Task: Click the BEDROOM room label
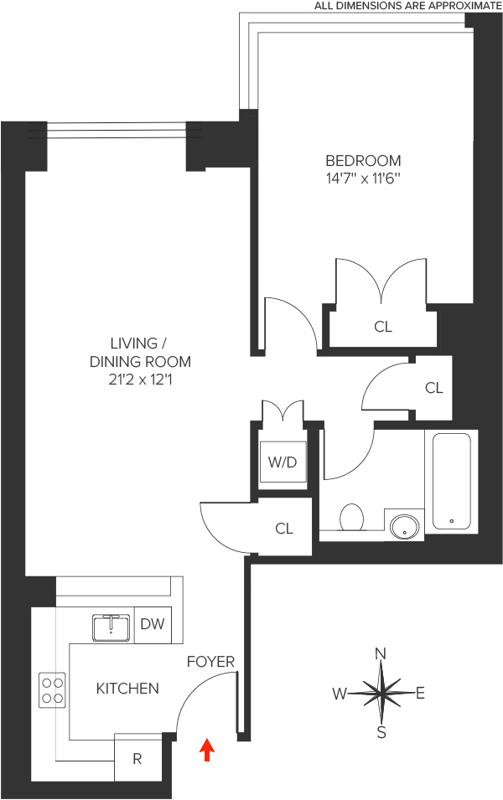[x=363, y=160]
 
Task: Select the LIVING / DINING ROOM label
[x=140, y=353]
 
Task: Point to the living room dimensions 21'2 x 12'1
[x=140, y=381]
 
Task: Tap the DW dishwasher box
[x=153, y=624]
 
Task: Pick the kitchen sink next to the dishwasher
[x=110, y=627]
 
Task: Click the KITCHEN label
[x=127, y=689]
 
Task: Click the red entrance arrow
[x=207, y=750]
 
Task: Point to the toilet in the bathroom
[x=351, y=517]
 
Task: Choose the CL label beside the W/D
[x=284, y=529]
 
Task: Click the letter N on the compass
[x=381, y=653]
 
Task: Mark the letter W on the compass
[x=340, y=694]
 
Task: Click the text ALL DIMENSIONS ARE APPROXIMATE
[x=408, y=6]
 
